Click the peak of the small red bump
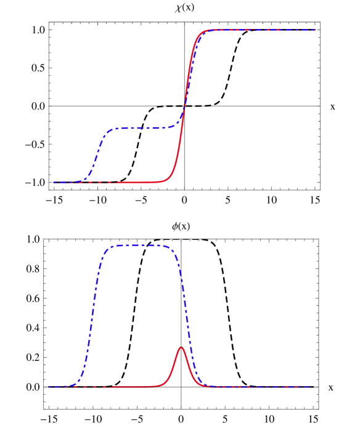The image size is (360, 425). tap(181, 347)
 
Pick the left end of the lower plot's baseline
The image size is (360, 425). tap(50, 387)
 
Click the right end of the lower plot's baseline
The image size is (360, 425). tap(314, 387)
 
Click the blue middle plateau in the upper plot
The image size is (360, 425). tap(142, 128)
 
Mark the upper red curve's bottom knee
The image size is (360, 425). tap(170, 178)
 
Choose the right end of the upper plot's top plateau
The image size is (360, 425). tap(315, 30)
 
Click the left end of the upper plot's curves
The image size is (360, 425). tap(54, 183)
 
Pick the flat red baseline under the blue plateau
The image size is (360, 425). tap(136, 183)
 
